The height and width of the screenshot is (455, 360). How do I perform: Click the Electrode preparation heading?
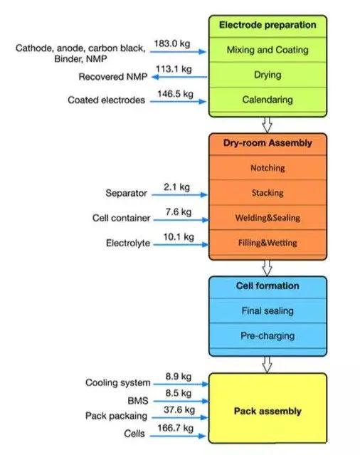(x=268, y=25)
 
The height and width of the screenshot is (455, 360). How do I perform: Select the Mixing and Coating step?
(x=268, y=50)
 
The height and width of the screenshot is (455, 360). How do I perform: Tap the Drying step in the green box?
(x=268, y=75)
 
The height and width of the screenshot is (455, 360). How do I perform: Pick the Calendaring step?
(x=268, y=100)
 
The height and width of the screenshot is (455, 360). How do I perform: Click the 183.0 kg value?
(x=172, y=43)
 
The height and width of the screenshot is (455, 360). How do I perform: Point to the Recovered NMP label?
(x=113, y=77)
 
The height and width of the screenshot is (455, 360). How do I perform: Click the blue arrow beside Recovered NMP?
(x=180, y=77)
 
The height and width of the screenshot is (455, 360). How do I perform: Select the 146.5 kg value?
(x=175, y=94)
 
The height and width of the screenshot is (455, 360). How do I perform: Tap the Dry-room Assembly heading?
(x=268, y=143)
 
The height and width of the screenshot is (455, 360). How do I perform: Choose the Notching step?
(x=268, y=168)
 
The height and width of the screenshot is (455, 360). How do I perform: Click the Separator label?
(x=126, y=193)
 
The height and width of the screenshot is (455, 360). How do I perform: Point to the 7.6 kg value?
(x=179, y=211)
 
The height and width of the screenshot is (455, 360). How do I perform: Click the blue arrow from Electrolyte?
(x=181, y=245)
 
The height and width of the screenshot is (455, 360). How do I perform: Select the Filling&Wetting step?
(x=268, y=243)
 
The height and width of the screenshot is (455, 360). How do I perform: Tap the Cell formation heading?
(x=268, y=286)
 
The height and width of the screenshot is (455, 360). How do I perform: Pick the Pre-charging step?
(x=268, y=336)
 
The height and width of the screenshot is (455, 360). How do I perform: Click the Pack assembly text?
(x=268, y=411)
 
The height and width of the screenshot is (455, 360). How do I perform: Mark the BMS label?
(x=138, y=401)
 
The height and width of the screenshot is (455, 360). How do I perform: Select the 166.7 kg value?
(x=175, y=428)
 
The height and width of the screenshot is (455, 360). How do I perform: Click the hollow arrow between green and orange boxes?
(x=267, y=125)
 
